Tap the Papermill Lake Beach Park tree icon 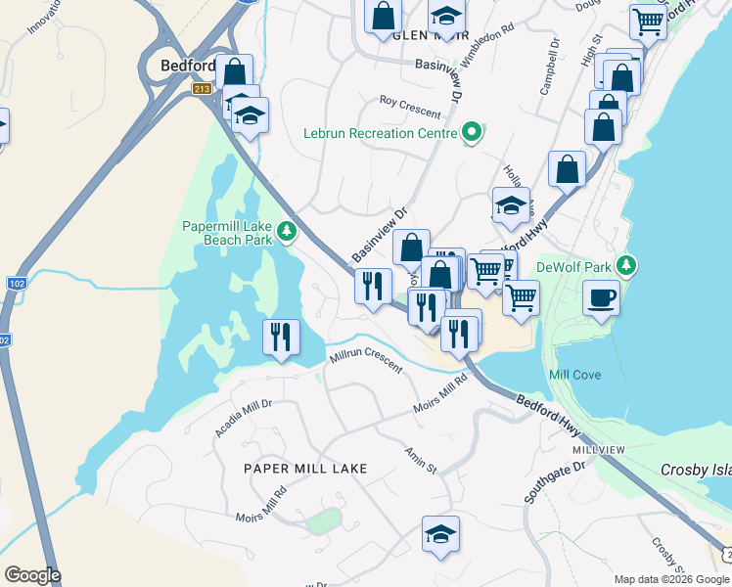[287, 232]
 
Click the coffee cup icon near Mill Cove [601, 297]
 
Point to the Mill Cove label [574, 375]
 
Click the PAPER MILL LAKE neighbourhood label [305, 469]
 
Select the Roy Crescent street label [411, 106]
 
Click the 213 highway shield [203, 89]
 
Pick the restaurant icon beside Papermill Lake [281, 337]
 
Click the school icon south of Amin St [440, 534]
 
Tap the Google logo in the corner [32, 575]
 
